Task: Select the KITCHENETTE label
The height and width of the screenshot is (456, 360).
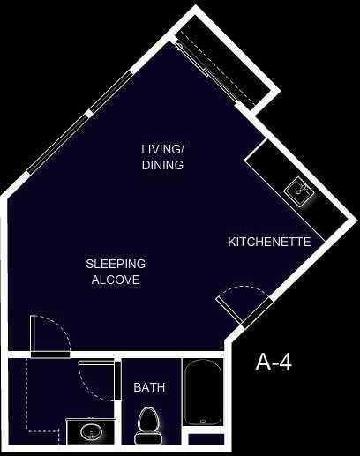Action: click(x=269, y=241)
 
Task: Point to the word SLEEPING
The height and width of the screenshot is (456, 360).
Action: click(x=116, y=264)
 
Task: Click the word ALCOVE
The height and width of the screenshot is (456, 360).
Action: click(x=116, y=280)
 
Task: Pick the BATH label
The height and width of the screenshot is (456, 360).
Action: click(x=149, y=387)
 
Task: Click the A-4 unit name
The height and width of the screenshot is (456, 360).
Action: click(x=274, y=362)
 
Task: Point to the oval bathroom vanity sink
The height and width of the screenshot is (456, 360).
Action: click(x=89, y=432)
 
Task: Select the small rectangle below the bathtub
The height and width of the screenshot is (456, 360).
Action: click(x=207, y=437)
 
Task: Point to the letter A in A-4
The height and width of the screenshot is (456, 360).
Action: click(x=263, y=362)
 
